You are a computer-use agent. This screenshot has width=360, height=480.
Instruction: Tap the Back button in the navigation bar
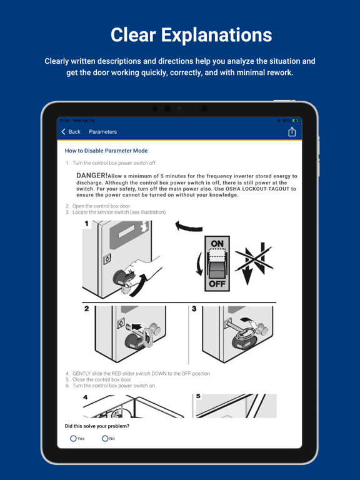71,132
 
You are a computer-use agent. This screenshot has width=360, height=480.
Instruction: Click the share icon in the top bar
291,132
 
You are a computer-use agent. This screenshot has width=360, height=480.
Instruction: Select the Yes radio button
74,439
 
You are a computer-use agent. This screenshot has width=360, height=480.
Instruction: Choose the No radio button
105,439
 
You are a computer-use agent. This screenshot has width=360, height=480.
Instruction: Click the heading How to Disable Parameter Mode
106,151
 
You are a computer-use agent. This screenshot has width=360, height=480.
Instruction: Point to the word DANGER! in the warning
92,176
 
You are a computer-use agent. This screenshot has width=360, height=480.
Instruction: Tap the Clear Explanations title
191,35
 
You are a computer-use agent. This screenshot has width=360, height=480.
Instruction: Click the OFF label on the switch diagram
217,283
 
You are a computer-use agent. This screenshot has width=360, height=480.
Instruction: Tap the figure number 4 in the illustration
86,397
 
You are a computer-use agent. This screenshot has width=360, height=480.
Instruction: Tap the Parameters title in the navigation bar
102,132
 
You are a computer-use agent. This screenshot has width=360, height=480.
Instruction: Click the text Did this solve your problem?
97,426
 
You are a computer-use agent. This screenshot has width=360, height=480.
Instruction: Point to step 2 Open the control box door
101,206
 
